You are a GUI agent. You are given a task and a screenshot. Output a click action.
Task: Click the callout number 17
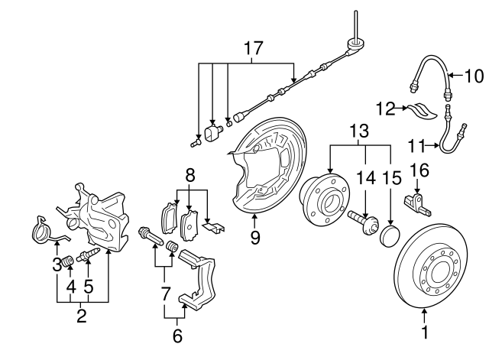coord(253,48)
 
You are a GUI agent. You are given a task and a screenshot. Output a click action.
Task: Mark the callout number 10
coord(474,75)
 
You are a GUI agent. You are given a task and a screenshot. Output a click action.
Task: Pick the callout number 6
coord(177,335)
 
